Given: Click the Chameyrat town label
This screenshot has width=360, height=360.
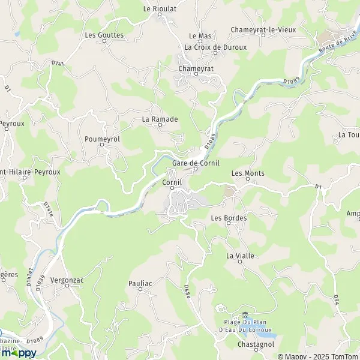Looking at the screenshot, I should [196, 69].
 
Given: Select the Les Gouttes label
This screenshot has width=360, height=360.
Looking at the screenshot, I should [104, 35].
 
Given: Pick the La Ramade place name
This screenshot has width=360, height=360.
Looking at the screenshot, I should [160, 119].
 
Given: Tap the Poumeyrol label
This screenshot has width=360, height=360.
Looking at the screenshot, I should [102, 139].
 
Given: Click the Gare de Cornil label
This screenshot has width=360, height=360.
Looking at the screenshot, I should [196, 163].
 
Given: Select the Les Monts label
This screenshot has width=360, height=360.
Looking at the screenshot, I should [248, 173].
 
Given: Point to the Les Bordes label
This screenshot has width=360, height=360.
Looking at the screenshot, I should [229, 218].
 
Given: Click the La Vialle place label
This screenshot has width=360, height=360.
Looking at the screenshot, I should [240, 256].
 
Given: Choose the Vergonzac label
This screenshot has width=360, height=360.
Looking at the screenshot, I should [68, 280].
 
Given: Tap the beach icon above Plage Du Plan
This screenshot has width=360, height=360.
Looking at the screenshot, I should [244, 314].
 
